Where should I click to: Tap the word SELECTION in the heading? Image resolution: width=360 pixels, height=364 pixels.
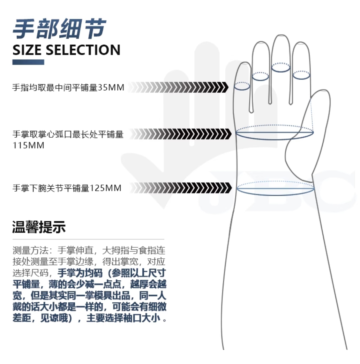[83, 50]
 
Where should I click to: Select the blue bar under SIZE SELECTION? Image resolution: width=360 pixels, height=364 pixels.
[28, 62]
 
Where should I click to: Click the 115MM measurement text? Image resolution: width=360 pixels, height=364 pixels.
[28, 146]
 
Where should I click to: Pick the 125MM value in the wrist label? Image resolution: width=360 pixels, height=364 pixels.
[106, 188]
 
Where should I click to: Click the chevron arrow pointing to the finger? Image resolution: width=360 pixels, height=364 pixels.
[179, 87]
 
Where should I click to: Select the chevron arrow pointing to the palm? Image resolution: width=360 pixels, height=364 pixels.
[181, 134]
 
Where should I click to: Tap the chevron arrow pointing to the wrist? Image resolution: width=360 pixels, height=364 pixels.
[181, 188]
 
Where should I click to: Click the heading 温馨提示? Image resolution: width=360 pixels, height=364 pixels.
[39, 227]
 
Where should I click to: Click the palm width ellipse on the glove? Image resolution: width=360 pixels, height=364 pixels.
[274, 139]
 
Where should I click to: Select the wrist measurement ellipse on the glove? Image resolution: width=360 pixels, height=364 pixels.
[275, 195]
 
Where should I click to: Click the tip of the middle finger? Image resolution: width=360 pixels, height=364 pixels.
[281, 35]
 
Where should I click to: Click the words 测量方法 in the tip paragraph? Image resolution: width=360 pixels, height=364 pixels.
[30, 250]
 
